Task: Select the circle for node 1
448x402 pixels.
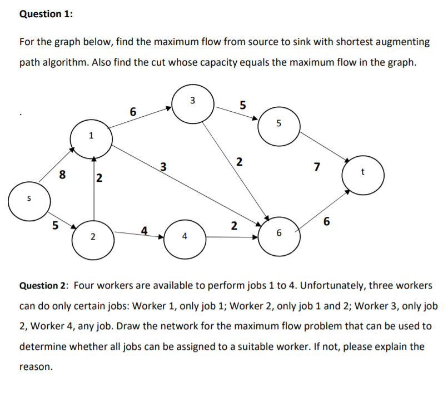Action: [92, 135]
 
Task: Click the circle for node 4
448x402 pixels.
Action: [185, 238]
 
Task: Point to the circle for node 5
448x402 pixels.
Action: [279, 125]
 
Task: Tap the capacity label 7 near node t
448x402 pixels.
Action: [317, 167]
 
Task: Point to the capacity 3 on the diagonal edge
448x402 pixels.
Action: [162, 166]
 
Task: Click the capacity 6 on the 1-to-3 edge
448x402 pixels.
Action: [132, 111]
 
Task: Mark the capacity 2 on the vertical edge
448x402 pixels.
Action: [98, 178]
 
